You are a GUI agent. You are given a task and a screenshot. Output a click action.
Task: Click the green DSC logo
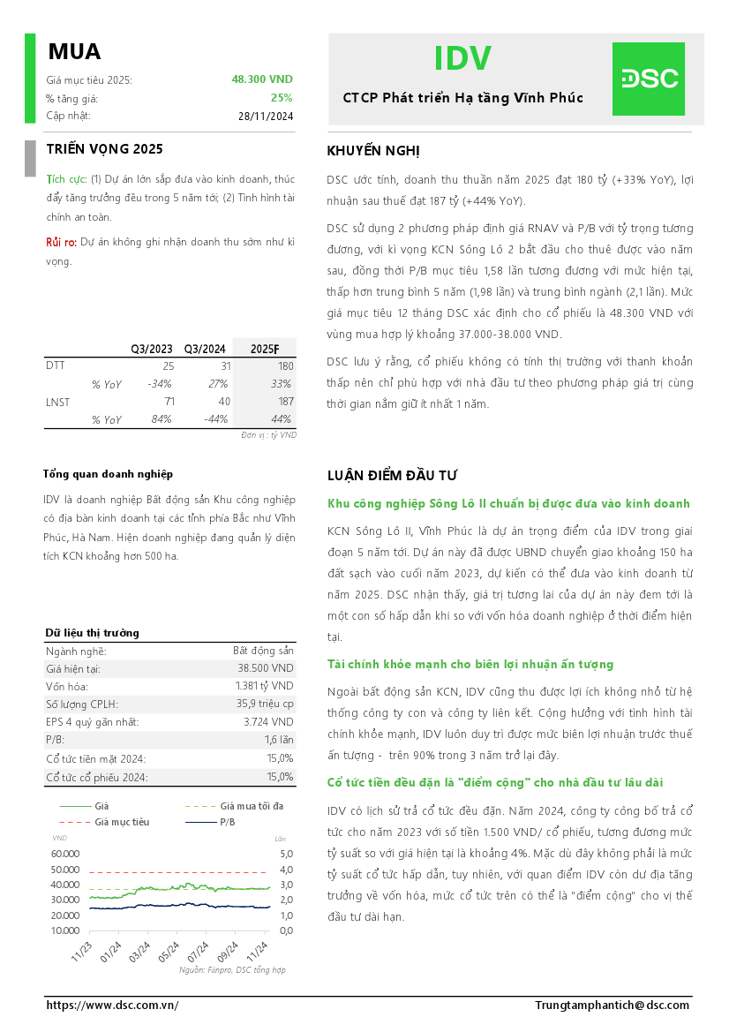pyautogui.click(x=649, y=79)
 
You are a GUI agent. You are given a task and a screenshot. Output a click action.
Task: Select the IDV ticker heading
pyautogui.click(x=462, y=58)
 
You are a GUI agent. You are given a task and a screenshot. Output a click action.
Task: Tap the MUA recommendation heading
pyautogui.click(x=74, y=52)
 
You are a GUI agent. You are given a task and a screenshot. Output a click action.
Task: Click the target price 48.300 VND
pyautogui.click(x=262, y=79)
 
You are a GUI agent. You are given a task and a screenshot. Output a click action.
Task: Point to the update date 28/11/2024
pyautogui.click(x=266, y=116)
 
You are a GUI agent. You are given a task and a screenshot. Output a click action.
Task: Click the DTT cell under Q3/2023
pyautogui.click(x=168, y=365)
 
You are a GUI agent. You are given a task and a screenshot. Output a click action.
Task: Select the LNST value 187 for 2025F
pyautogui.click(x=284, y=403)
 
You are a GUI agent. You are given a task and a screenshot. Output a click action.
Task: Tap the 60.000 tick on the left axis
pyautogui.click(x=65, y=855)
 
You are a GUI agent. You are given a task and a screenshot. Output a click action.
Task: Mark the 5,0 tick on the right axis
pyautogui.click(x=285, y=855)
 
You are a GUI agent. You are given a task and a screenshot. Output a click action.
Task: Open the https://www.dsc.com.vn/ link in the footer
pyautogui.click(x=112, y=1006)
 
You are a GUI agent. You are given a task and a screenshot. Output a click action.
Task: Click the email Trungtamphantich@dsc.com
pyautogui.click(x=612, y=1006)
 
